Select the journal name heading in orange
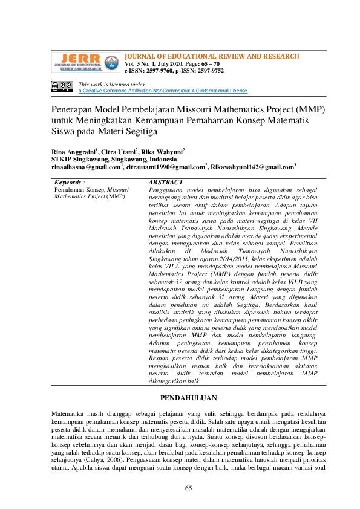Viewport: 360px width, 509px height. coord(212,56)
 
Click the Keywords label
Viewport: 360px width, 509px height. coord(69,182)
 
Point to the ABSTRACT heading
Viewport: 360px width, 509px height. coord(166,182)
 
